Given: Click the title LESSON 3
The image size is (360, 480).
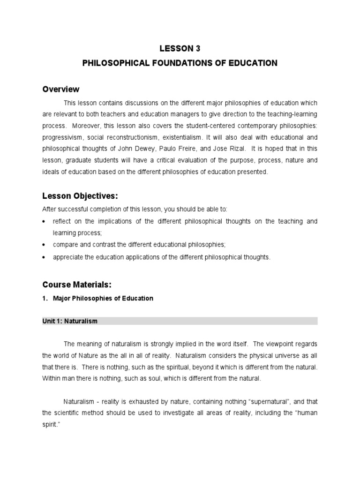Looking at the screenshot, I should [180, 48].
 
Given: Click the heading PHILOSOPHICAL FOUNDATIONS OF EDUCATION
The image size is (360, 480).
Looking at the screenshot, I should [180, 63].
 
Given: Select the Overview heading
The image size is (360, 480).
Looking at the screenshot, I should [61, 90].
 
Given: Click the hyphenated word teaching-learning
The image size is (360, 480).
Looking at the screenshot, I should [291, 114].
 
